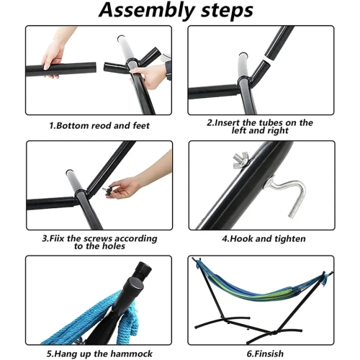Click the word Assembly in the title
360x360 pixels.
click(147, 10)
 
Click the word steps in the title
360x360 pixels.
click(227, 10)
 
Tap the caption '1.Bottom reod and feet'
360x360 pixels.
click(99, 126)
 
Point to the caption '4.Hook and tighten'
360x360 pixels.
click(264, 239)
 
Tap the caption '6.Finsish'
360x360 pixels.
click(265, 354)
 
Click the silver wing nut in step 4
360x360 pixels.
click(240, 159)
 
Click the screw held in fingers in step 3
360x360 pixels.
click(107, 190)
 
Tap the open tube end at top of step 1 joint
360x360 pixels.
click(121, 39)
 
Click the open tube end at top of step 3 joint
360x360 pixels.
click(69, 172)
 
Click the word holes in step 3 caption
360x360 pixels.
click(113, 246)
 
